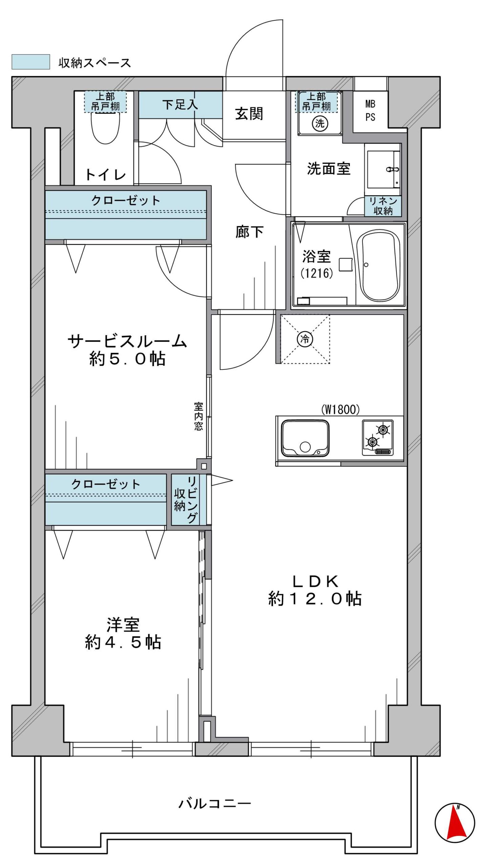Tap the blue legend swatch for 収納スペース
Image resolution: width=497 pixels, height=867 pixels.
pos(31,62)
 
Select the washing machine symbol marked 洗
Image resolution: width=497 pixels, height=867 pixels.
pos(319,123)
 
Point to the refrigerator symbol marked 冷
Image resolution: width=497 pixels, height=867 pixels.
pos(305,339)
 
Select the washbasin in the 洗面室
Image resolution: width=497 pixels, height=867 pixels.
pos(383,170)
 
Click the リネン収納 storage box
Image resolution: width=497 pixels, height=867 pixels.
pos(383,206)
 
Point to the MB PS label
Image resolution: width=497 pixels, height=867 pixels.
pos(370,110)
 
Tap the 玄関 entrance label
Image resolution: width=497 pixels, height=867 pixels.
pos(249,113)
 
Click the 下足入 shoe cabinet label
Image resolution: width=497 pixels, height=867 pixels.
pos(180,104)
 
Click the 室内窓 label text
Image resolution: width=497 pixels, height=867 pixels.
pos(199,416)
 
